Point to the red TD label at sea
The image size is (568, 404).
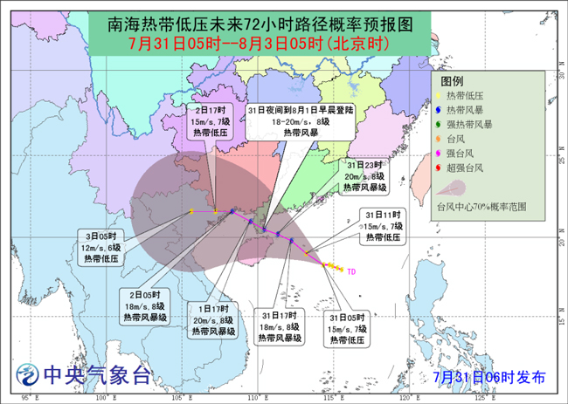coord(351,271)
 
